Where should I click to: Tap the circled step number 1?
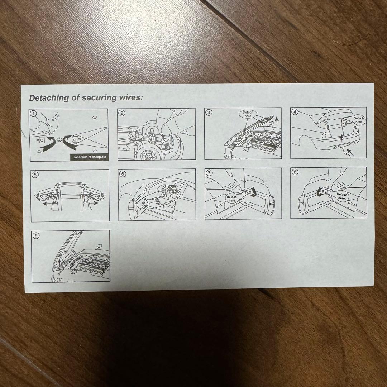34,114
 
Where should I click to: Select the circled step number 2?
122,113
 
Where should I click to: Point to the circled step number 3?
209,112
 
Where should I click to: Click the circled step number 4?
295,111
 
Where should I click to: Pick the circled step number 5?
35,175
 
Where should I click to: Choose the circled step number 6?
123,174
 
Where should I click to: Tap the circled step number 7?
209,173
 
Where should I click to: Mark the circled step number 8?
295,172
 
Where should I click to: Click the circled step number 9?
36,236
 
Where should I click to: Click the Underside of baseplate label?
89,157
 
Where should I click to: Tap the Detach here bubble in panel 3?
248,114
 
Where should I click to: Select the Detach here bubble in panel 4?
359,120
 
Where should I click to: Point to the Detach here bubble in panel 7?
232,199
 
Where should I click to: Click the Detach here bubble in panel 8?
342,196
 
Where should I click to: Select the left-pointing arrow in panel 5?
48,204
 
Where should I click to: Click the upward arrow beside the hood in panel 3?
277,121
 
